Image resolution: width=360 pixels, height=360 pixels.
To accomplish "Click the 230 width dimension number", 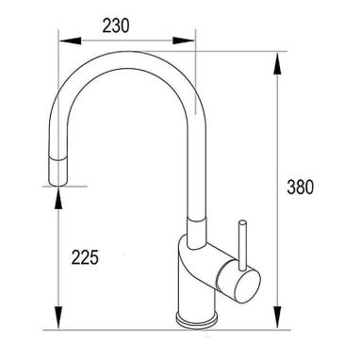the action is click(116, 25).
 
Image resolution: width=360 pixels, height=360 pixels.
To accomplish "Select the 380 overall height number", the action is click(300, 187).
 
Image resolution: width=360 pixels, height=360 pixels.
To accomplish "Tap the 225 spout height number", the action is click(85, 257).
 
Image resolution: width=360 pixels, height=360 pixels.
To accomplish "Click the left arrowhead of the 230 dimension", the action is click(70, 41).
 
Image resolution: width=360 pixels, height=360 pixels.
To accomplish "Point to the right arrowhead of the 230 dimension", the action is click(184, 41).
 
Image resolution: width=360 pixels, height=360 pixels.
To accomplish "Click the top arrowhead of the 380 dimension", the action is click(277, 64).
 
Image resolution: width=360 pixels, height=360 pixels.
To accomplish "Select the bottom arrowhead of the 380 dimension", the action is click(277, 318).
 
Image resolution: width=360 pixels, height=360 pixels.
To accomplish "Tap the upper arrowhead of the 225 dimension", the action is click(58, 198).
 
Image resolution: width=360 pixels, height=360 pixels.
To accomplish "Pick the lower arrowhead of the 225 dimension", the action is click(58, 318).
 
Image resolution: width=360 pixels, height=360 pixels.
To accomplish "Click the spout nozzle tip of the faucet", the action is click(58, 172).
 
